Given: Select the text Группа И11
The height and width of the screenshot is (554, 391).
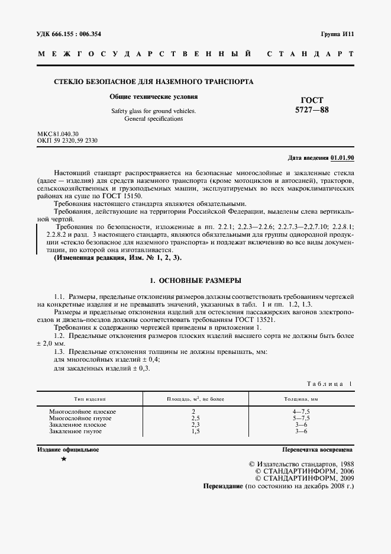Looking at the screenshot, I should pos(337,34).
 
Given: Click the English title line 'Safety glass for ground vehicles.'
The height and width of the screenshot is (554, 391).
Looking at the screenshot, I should pos(153,111).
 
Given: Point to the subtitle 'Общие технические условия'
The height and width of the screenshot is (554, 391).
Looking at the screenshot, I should pos(154,96).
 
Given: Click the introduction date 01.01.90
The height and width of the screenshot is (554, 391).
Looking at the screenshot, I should pos(342,159).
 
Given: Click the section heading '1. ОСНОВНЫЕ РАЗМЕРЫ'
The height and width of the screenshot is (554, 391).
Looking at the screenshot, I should pos(195,279).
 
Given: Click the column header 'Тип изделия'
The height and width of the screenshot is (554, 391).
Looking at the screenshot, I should pos(90,400).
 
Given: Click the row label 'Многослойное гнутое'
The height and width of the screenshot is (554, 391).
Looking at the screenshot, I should pos(80,418).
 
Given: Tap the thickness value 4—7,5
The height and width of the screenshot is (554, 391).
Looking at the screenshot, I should pos(301,411).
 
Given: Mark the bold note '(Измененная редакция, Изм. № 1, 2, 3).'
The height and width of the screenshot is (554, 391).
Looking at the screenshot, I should pos(118,259).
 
